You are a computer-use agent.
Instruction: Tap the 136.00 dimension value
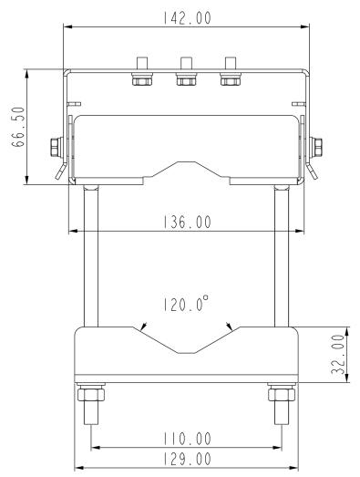[x=185, y=222]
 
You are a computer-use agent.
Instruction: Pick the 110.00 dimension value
[x=185, y=439]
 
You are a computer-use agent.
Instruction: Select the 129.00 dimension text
[x=185, y=459]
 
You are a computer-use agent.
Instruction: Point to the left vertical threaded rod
[x=91, y=255]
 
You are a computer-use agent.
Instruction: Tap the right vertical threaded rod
[x=280, y=255]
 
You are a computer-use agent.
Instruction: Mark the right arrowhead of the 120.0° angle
[x=230, y=327]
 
